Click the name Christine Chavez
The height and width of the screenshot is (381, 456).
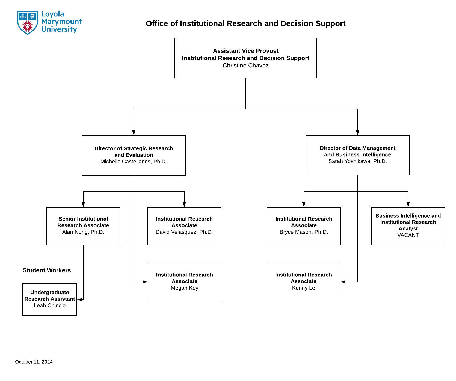[245, 66]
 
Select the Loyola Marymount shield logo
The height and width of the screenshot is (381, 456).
[28, 23]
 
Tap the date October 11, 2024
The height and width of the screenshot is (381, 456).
[34, 362]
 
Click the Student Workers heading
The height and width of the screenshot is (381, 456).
[47, 270]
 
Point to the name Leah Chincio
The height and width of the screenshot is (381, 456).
[50, 306]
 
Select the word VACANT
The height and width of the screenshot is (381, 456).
[408, 235]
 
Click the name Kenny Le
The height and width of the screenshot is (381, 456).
[303, 288]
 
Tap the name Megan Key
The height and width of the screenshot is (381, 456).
[185, 288]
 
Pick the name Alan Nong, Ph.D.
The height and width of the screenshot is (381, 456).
[83, 232]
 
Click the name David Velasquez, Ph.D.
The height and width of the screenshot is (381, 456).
[184, 232]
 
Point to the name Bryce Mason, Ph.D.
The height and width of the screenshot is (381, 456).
[304, 232]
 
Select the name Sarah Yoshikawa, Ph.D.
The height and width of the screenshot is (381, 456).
[357, 161]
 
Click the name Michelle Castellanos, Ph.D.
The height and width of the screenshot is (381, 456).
[134, 162]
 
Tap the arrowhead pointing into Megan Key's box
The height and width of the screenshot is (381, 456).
[145, 282]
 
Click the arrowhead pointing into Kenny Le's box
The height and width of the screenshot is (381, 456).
[343, 282]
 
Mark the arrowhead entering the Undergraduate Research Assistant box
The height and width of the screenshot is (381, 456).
[80, 299]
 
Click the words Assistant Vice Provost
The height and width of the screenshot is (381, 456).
[245, 51]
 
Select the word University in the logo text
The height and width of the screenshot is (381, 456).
[59, 29]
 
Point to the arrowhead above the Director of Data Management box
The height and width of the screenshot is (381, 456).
[357, 133]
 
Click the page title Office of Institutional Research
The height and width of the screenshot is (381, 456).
[245, 24]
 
